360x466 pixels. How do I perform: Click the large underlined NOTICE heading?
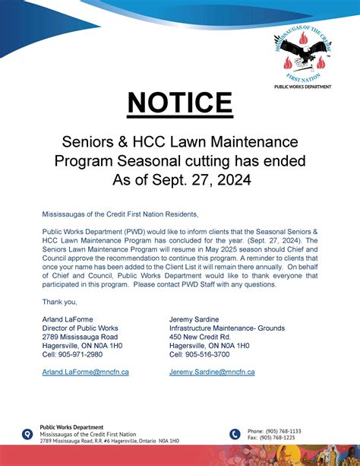pyautogui.click(x=179, y=103)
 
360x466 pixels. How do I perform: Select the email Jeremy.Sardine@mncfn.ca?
pyautogui.click(x=212, y=372)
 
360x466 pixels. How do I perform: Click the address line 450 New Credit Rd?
pyautogui.click(x=199, y=337)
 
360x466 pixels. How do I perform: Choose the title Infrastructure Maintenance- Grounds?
pyautogui.click(x=227, y=328)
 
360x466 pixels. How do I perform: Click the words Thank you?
pyautogui.click(x=58, y=302)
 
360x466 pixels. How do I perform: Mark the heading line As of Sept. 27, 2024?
pyautogui.click(x=179, y=179)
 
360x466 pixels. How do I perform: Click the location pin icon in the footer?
pyautogui.click(x=28, y=434)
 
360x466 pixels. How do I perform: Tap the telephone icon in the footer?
pyautogui.click(x=235, y=434)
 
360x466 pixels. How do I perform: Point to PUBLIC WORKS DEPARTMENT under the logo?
pyautogui.click(x=303, y=87)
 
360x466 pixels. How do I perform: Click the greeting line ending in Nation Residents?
pyautogui.click(x=120, y=214)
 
